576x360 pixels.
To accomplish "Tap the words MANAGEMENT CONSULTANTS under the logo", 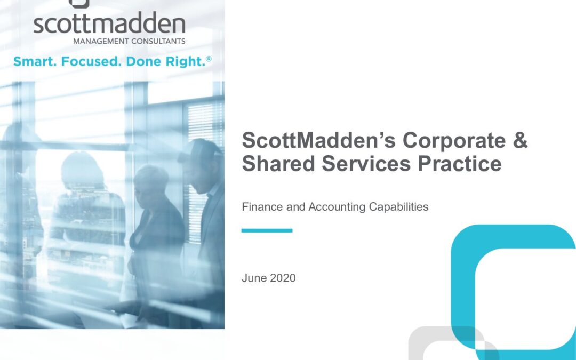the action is [x=129, y=41].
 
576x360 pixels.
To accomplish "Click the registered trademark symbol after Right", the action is [x=209, y=59].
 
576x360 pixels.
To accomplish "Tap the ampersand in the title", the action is [x=520, y=140].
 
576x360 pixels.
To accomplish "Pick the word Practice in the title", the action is [x=460, y=163].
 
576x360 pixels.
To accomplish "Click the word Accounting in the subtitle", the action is [x=337, y=207].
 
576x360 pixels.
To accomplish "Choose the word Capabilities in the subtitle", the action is [x=398, y=207].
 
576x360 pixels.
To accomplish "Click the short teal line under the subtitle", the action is [x=267, y=230].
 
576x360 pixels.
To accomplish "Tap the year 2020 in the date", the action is [x=283, y=278].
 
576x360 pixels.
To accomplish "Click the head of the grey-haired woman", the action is [x=150, y=182].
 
